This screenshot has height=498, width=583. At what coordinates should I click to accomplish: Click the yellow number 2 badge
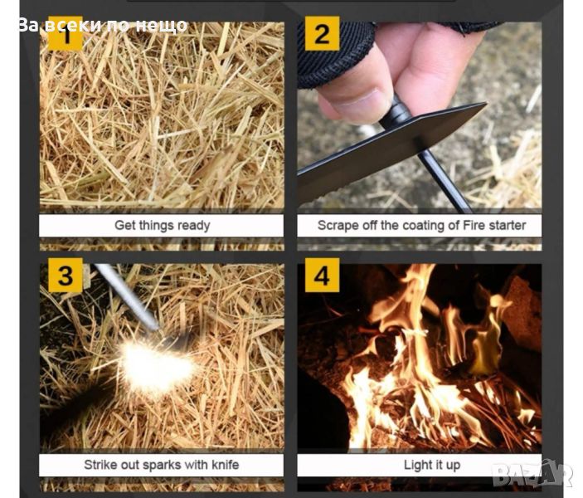(322, 33)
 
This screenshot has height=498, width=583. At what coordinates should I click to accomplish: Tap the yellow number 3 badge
(66, 276)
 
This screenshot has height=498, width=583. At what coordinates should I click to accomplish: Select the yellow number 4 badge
(322, 276)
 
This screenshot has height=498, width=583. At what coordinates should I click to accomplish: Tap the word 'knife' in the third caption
(226, 465)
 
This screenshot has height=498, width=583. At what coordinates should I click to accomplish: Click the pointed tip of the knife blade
(486, 104)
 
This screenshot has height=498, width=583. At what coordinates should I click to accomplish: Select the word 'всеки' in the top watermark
(74, 25)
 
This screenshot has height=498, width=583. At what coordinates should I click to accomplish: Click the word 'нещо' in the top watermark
(161, 26)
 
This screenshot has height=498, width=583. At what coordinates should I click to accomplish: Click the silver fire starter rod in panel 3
(126, 297)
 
